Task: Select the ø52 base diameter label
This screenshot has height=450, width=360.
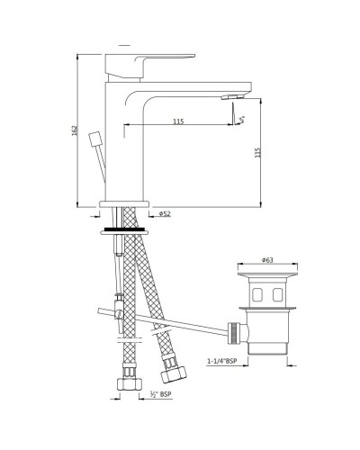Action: tap(165, 214)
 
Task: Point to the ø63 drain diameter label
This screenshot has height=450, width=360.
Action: tap(267, 260)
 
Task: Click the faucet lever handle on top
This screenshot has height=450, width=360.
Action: tap(150, 57)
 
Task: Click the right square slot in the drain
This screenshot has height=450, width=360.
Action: tap(277, 294)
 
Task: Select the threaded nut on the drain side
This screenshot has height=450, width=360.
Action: tap(237, 332)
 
